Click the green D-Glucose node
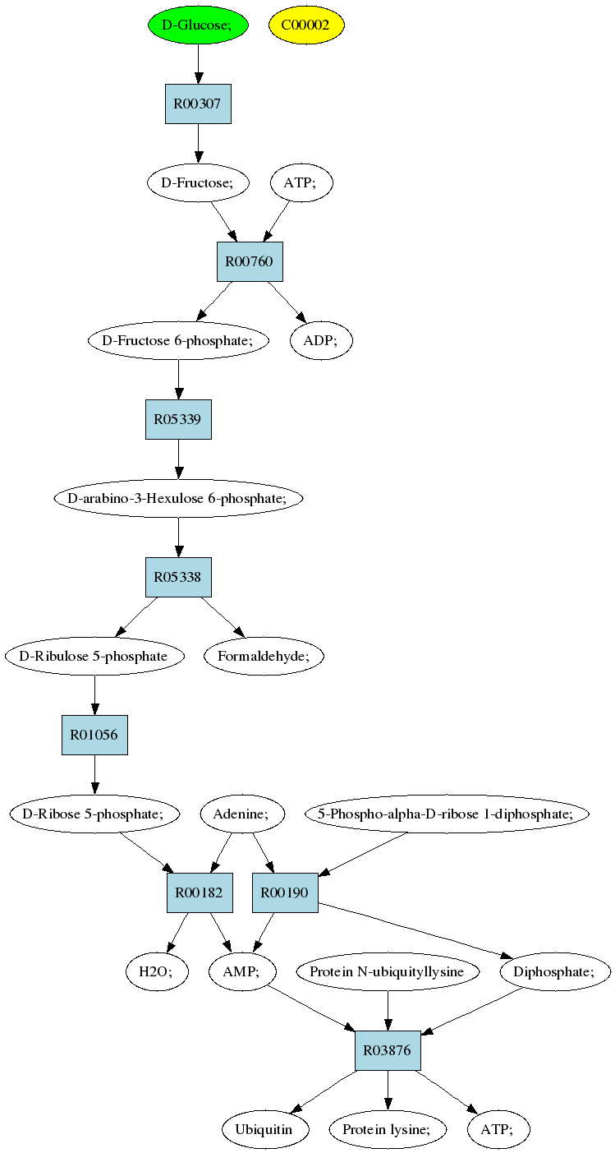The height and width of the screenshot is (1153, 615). pos(198,25)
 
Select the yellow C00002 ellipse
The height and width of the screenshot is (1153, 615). pos(306,25)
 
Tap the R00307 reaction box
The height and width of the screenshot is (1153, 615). pos(198,104)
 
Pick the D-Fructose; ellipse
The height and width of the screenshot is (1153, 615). pos(198,182)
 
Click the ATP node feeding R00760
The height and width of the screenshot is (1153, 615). pos(301,182)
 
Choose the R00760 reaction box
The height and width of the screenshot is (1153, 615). pos(250,261)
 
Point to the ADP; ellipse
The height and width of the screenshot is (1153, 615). pos(321,340)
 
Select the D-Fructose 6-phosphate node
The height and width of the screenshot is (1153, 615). pos(178,340)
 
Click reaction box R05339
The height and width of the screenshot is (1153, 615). pos(178,419)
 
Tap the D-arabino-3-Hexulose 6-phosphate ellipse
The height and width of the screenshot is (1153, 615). pos(178,498)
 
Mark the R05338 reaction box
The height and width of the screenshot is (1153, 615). pos(178,578)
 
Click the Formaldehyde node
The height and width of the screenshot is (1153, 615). pos(264,657)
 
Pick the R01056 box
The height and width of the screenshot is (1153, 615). pos(94,735)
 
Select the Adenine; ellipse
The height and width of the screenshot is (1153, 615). pos(241,814)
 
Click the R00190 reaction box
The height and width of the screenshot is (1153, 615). pos(285,893)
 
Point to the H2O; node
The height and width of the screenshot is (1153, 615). pos(156,972)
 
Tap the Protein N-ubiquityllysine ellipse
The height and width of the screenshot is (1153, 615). pos(388,972)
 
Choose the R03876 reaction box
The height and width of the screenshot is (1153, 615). pos(388,1050)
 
